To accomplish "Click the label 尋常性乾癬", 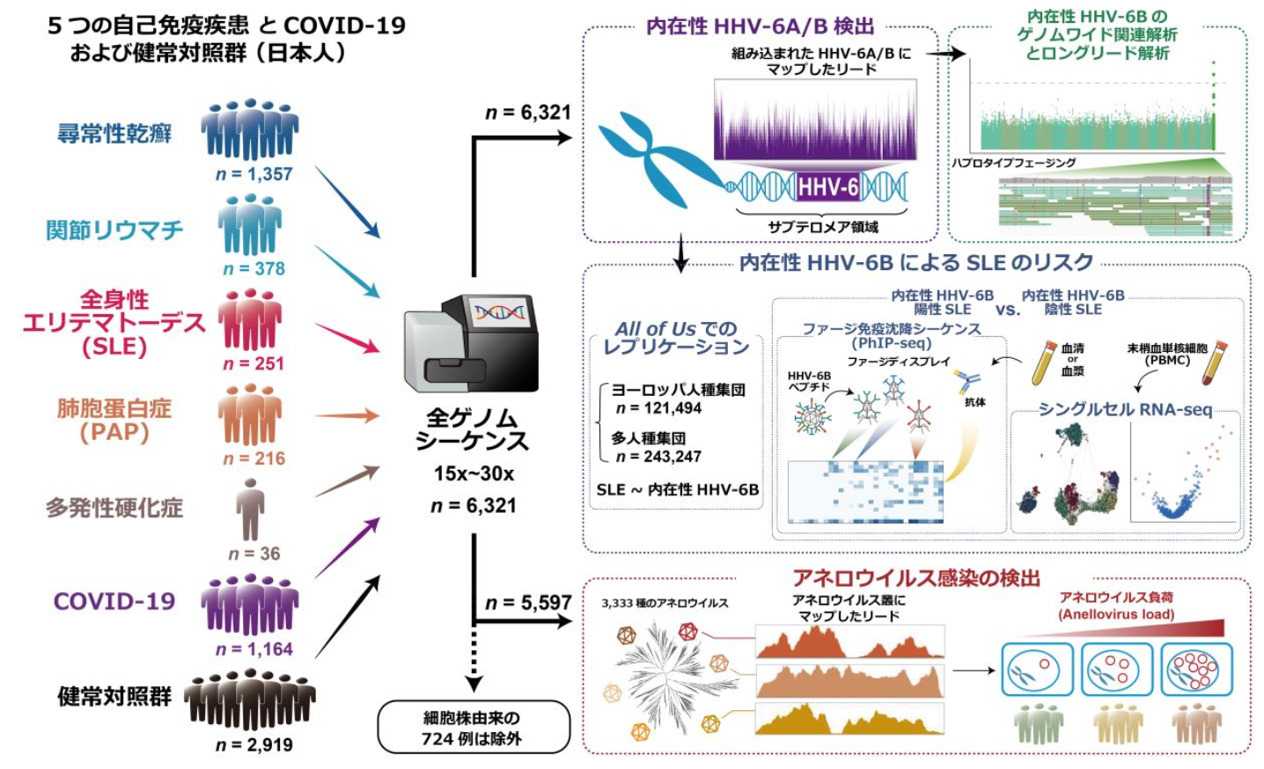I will click(x=114, y=134).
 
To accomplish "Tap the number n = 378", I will click(x=254, y=268).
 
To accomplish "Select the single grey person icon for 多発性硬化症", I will click(x=250, y=509).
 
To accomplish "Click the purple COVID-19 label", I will click(x=114, y=602).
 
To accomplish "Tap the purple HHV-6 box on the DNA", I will click(x=827, y=187).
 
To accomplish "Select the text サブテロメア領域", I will click(x=822, y=227).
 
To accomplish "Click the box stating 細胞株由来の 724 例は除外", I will click(x=474, y=728).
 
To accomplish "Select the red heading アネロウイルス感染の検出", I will click(x=915, y=578).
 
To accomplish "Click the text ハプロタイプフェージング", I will click(x=1013, y=163).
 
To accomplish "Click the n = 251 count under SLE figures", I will click(x=254, y=363).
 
